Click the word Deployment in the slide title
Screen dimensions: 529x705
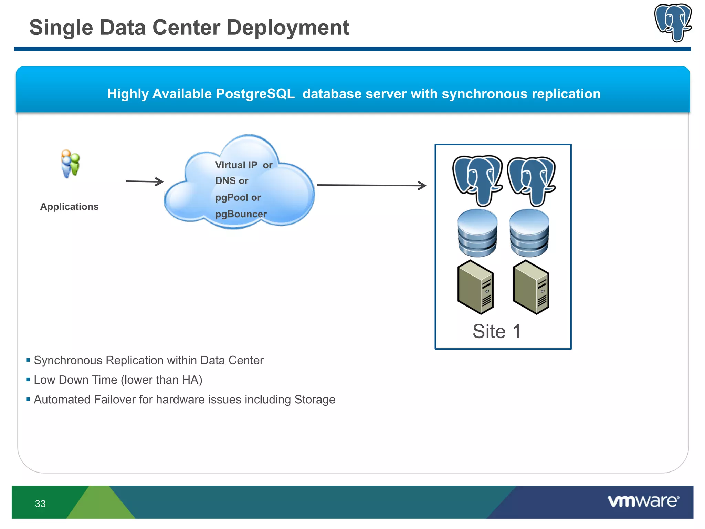point(288,28)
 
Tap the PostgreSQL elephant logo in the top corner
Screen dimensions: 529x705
point(673,22)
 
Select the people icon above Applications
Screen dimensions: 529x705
point(70,164)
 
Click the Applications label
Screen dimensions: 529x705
point(69,206)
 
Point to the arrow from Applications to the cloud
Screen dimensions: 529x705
point(144,181)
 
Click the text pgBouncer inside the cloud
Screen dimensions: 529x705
point(241,214)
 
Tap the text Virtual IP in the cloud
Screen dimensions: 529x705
point(236,165)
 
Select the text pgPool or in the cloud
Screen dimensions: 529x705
point(238,197)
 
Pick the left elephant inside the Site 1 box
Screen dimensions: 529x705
point(477,179)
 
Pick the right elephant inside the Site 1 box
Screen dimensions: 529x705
point(532,180)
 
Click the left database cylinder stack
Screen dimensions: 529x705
point(477,233)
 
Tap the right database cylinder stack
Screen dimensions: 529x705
point(529,233)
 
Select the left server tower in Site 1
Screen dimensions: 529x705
point(475,287)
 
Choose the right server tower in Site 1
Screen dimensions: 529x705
point(531,287)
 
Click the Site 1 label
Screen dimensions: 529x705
point(496,331)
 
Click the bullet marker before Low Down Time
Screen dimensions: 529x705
point(28,380)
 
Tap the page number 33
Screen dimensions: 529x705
point(40,504)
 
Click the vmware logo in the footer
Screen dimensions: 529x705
point(643,501)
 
